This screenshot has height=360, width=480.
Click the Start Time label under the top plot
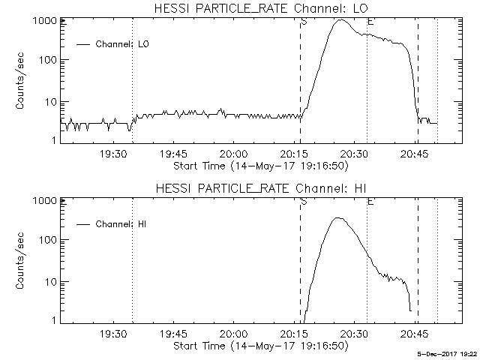[259, 166]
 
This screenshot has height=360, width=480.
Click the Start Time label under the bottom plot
[259, 346]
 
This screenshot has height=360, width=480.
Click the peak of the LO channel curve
[341, 20]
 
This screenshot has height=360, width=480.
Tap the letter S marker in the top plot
[304, 22]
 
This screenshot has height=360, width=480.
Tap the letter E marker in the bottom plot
[370, 202]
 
